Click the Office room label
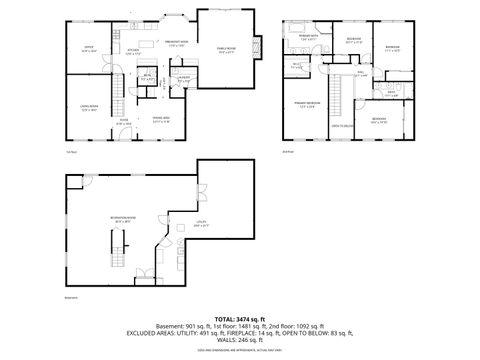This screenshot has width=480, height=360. click(88, 48)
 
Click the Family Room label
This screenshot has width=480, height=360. click(227, 48)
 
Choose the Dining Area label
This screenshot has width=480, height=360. click(161, 120)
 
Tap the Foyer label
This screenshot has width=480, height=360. click(124, 121)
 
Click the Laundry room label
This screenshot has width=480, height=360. click(184, 77)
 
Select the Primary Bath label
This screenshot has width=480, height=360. click(308, 37)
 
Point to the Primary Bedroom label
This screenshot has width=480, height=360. click(307, 104)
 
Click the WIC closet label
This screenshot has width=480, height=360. click(297, 64)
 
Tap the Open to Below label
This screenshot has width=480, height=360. click(343, 126)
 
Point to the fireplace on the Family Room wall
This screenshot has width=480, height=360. click(261, 49)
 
